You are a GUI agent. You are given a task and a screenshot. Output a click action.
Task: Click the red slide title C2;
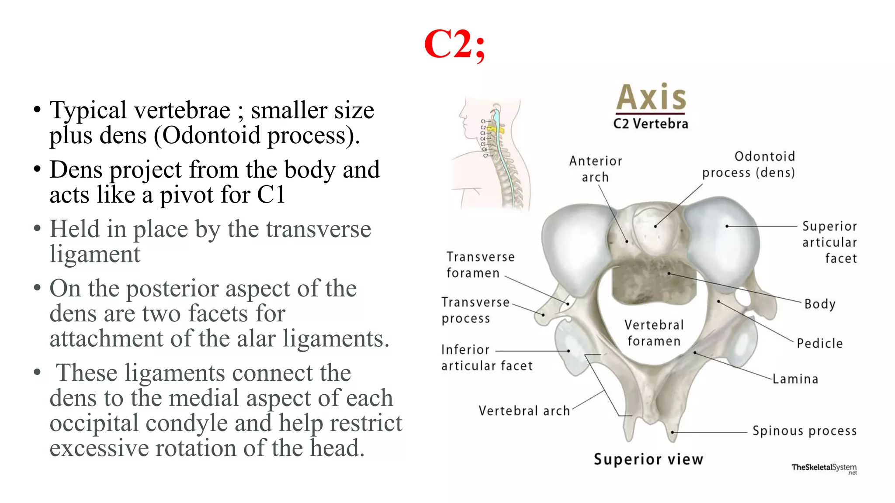(454, 45)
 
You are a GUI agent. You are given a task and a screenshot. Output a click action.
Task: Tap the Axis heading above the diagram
(651, 98)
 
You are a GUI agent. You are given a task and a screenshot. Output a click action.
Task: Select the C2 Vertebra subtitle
(650, 124)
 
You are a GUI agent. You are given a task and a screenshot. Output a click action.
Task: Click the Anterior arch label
(595, 169)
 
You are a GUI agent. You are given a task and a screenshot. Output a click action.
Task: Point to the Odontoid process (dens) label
(748, 165)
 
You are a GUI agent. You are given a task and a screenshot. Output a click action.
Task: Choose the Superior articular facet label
(829, 242)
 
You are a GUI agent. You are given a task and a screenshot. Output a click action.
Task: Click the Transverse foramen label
(480, 265)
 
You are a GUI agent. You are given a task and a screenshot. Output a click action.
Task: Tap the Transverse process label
(475, 310)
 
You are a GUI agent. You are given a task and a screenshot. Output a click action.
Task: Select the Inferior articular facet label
(486, 358)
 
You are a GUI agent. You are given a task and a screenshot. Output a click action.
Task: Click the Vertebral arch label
(524, 411)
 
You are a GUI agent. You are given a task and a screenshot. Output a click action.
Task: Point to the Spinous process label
(804, 431)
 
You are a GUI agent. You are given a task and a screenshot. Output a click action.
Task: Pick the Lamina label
(795, 379)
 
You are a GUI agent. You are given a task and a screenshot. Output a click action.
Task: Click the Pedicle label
(819, 344)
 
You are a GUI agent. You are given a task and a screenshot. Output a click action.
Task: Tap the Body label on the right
(820, 304)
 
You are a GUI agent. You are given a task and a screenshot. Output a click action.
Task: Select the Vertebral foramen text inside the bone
(654, 333)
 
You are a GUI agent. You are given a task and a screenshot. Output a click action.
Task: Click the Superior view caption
(648, 459)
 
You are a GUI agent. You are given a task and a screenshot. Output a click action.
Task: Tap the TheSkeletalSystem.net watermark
(824, 468)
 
